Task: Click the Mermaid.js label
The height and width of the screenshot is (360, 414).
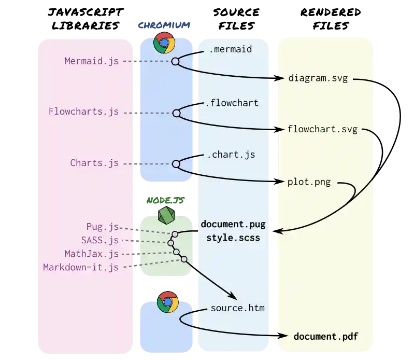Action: [x=92, y=61]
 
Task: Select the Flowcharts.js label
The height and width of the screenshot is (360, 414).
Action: [x=83, y=112]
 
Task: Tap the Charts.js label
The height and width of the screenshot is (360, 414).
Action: [x=94, y=163]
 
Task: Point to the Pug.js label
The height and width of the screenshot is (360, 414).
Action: [x=103, y=227]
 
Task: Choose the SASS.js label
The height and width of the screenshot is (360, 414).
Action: [x=100, y=240]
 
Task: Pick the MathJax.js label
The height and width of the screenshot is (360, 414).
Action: [x=92, y=254]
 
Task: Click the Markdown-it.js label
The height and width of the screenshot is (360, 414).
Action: [x=81, y=267]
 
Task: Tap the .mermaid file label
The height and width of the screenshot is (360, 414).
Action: [x=230, y=49]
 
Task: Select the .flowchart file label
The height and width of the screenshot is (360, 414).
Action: [x=232, y=103]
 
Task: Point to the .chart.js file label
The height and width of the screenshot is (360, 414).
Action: [x=231, y=155]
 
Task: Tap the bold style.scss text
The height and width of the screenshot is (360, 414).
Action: [x=233, y=238]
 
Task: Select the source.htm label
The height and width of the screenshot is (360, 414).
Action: [x=237, y=308]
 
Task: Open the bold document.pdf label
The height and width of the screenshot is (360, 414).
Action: [x=325, y=337]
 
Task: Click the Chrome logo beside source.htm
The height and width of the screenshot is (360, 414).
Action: [x=167, y=302]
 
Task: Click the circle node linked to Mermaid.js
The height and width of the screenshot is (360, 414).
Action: [x=175, y=61]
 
